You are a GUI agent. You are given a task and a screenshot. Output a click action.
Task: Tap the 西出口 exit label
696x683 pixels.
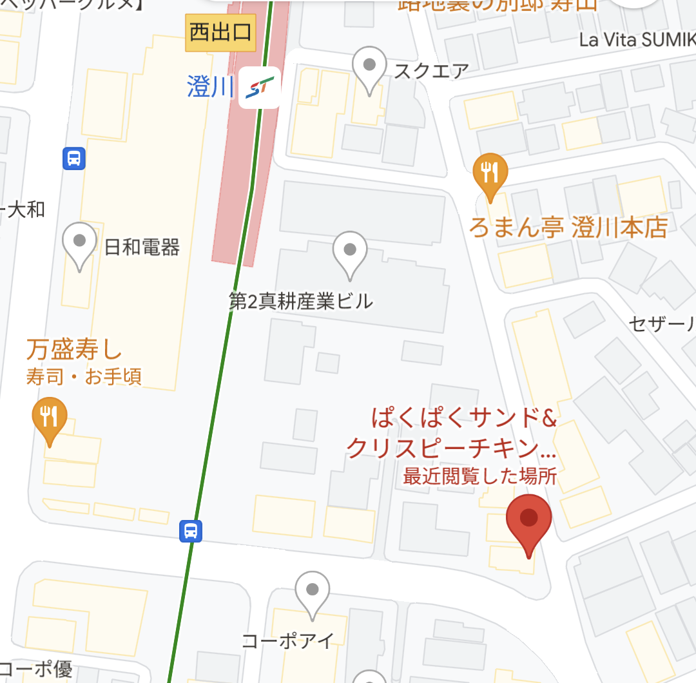(x=220, y=32)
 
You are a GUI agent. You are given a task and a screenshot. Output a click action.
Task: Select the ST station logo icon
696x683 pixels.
(x=260, y=87)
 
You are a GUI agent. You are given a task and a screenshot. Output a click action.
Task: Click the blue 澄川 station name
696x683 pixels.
(x=210, y=87)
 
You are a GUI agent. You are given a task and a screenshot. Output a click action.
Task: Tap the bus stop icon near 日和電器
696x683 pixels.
(x=74, y=158)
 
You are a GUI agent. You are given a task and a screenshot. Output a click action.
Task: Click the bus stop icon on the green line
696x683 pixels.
(x=191, y=531)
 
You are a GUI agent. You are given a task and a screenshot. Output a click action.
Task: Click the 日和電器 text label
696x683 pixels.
(x=142, y=247)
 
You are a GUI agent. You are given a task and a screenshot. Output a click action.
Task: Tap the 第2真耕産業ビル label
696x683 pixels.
(x=301, y=301)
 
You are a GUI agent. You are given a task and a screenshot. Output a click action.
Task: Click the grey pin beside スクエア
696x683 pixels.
(x=370, y=67)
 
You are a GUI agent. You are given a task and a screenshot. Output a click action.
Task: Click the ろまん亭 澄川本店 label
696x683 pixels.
(x=567, y=227)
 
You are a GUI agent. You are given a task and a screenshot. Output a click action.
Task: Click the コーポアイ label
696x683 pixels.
(x=288, y=640)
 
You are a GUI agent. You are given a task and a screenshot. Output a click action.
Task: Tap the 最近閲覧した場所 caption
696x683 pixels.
(x=479, y=477)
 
